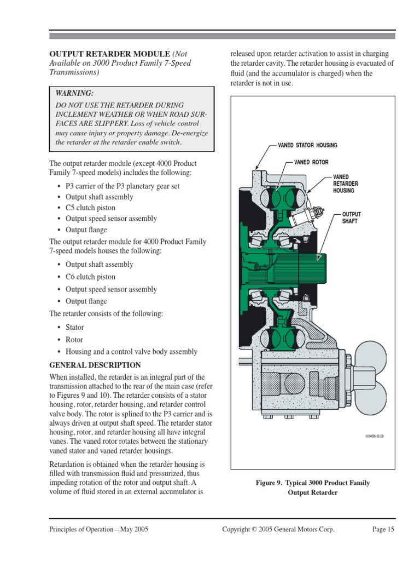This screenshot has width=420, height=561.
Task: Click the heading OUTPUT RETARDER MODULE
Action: (110, 54)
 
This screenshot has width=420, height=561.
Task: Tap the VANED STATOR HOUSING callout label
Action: (307, 145)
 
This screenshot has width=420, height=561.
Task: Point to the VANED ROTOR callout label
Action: (311, 163)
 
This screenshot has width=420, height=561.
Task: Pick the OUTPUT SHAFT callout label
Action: (351, 217)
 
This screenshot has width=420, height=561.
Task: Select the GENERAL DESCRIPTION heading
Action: (95, 365)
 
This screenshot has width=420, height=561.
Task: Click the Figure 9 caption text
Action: (313, 487)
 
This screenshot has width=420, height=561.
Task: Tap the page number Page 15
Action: (383, 529)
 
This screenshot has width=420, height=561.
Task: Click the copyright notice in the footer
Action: (278, 529)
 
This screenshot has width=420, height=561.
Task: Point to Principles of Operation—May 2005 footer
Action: (99, 529)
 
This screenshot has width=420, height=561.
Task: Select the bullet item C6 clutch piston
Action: (90, 277)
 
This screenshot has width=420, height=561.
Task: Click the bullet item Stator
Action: (75, 327)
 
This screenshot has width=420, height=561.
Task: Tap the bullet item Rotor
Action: (74, 340)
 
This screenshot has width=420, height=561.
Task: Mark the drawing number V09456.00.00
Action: (375, 437)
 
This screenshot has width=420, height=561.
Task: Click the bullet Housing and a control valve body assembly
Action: (131, 352)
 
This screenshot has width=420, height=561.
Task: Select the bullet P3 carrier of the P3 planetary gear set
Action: (122, 186)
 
